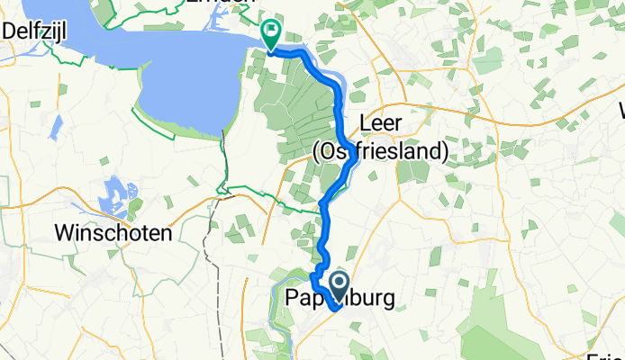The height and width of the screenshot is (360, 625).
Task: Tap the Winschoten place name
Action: coord(113,233)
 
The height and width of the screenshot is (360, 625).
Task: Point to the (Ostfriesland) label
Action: coord(380,152)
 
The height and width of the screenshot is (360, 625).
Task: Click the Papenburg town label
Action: coord(339,299)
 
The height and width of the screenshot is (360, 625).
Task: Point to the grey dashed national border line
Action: coord(209,270)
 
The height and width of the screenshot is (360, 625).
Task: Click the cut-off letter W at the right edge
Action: coord(620,112)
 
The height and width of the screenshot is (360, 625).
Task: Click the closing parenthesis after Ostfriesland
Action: coord(443,152)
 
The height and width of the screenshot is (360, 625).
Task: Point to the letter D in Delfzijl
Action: coord(9,31)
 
